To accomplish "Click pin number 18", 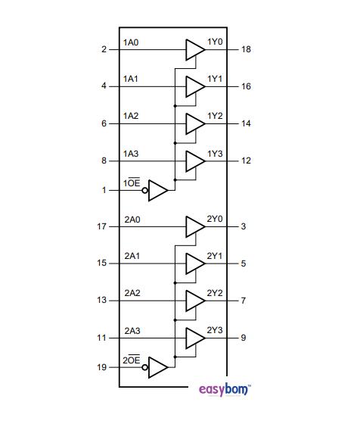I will pos(246,49).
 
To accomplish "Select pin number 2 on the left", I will pos(104,49).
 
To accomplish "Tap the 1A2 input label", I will pos(130,116).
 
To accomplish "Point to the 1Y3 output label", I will pos(215,153).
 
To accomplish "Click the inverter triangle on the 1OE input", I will pos(157,190).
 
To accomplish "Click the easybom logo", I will pos(228,390).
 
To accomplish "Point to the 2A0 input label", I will pos(132,220).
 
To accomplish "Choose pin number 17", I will pos(102,226).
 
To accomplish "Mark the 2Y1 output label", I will pos(215,256).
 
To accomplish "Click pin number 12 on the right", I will pos(246,161).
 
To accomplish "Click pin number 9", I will pos(243,338).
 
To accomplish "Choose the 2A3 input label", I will pos(132,330).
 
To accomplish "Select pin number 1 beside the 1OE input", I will pos(104,190).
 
